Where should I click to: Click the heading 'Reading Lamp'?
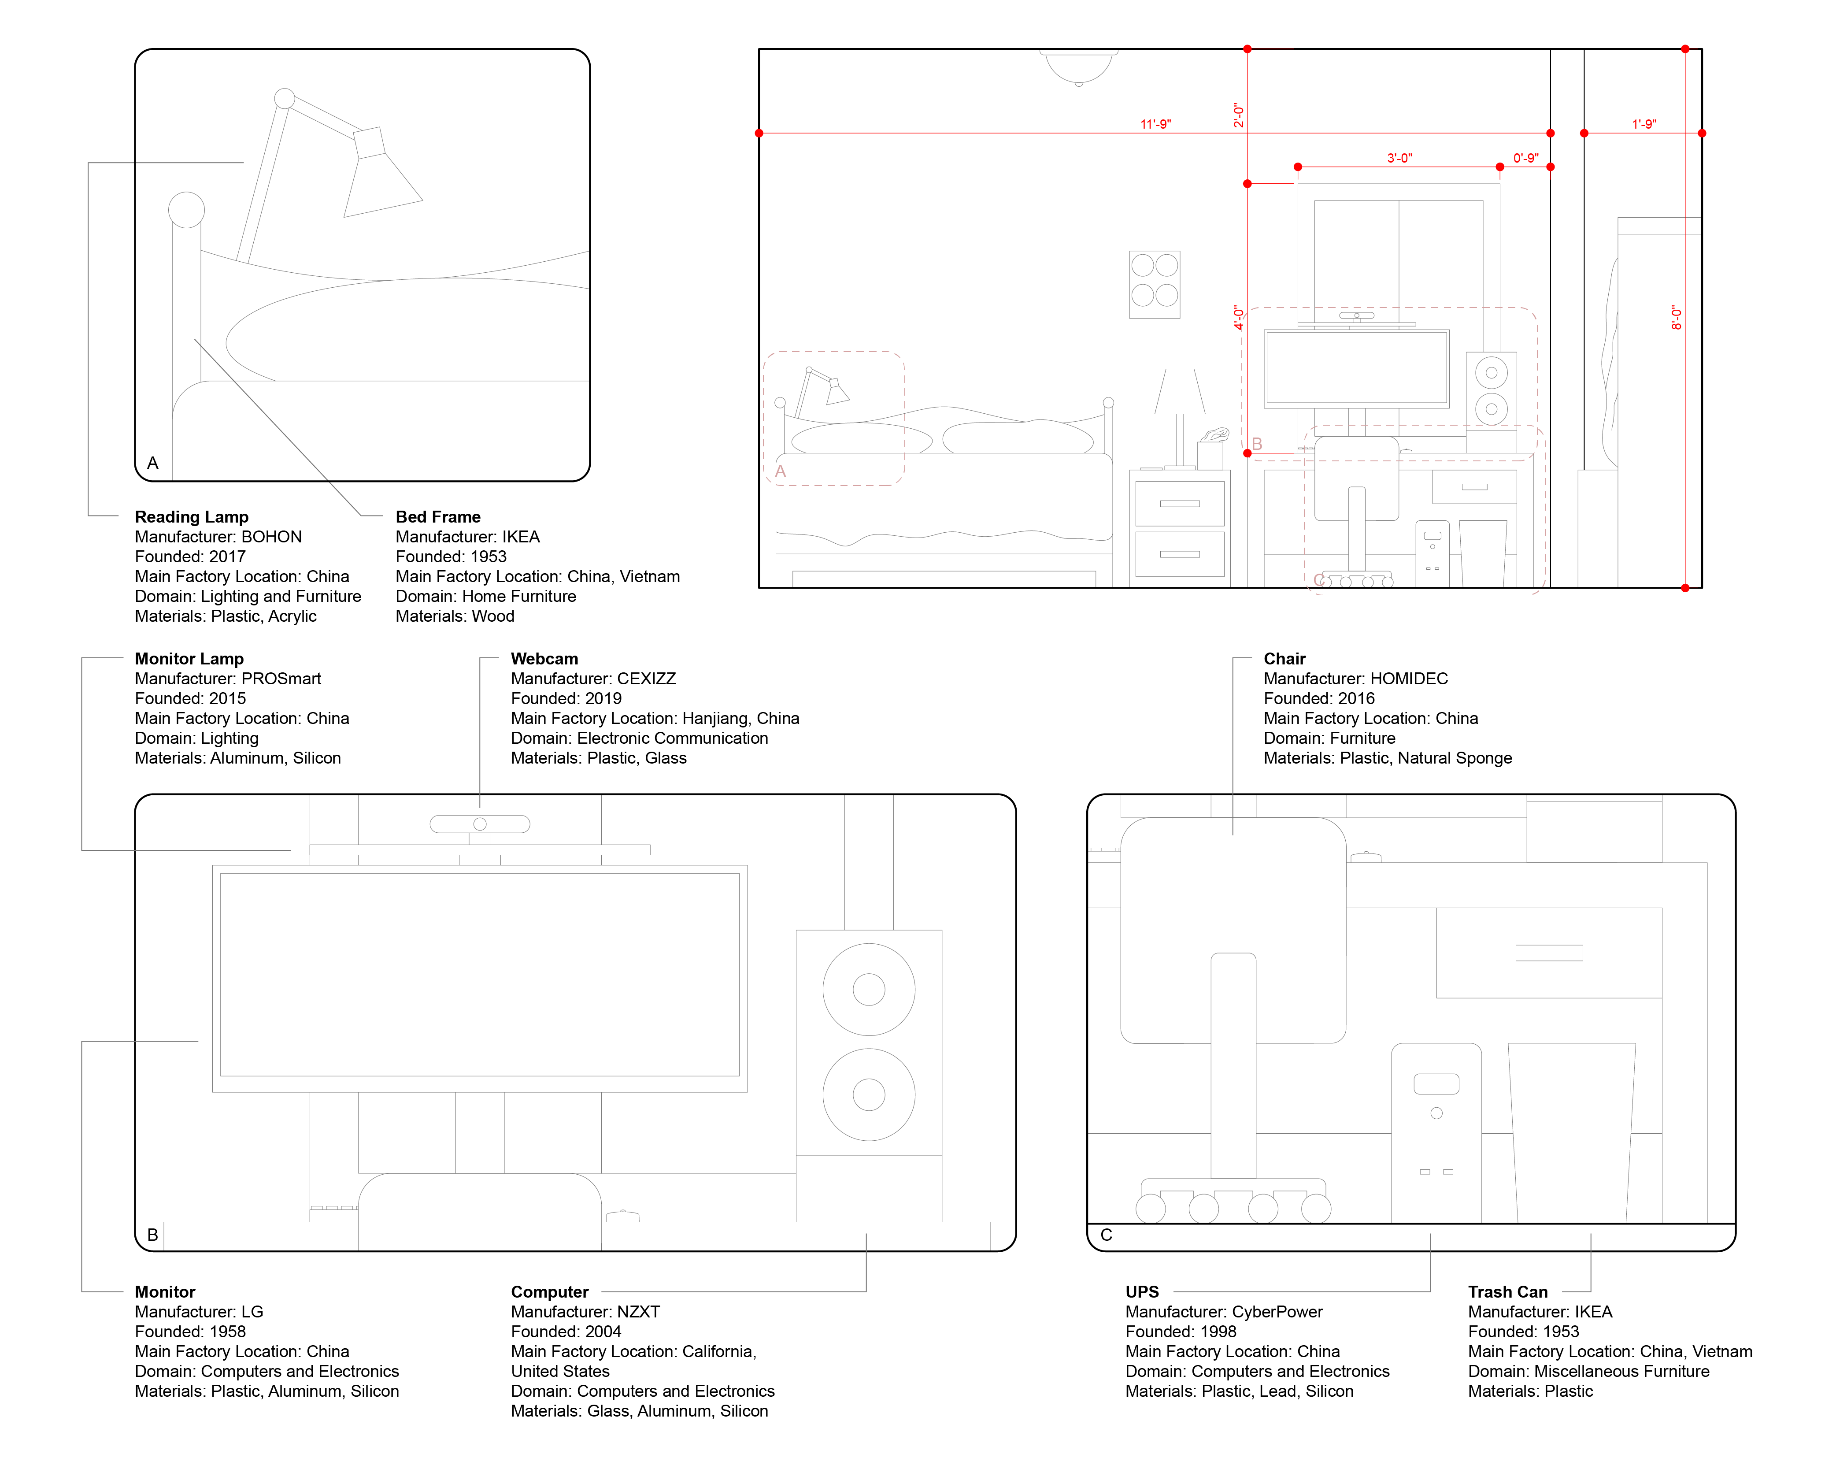click(x=192, y=517)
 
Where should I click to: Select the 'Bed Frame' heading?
click(x=438, y=517)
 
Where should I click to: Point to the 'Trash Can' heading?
click(x=1507, y=1292)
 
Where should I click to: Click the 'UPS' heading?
click(x=1142, y=1292)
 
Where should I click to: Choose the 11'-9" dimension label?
click(x=1155, y=124)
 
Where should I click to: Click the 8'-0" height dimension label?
click(x=1677, y=318)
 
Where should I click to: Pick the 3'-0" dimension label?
click(x=1399, y=158)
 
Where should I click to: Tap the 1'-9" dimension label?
click(x=1644, y=124)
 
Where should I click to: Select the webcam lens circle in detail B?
click(x=480, y=824)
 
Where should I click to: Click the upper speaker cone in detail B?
click(x=869, y=990)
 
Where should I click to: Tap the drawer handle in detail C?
click(x=1548, y=953)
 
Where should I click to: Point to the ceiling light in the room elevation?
click(x=1079, y=67)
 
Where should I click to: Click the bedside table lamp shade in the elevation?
click(x=1179, y=392)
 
